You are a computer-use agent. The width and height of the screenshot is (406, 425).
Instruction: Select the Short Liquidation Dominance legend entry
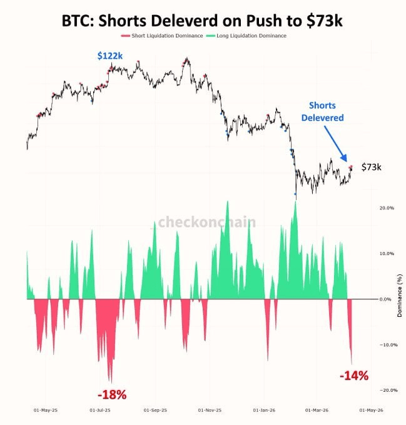click(x=165, y=36)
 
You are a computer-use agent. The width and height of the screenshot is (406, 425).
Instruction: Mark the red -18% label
click(x=113, y=395)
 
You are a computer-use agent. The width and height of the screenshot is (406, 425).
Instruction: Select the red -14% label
click(x=353, y=376)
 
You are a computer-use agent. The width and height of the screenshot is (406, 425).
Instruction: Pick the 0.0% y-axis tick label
click(x=386, y=299)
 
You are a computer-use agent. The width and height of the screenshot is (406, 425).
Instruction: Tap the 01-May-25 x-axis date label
click(x=46, y=411)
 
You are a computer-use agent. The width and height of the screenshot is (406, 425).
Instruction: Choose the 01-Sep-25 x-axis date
click(x=155, y=411)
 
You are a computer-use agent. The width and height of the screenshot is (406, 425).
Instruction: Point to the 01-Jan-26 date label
click(x=265, y=411)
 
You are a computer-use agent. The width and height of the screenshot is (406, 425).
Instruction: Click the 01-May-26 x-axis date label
click(x=372, y=411)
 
